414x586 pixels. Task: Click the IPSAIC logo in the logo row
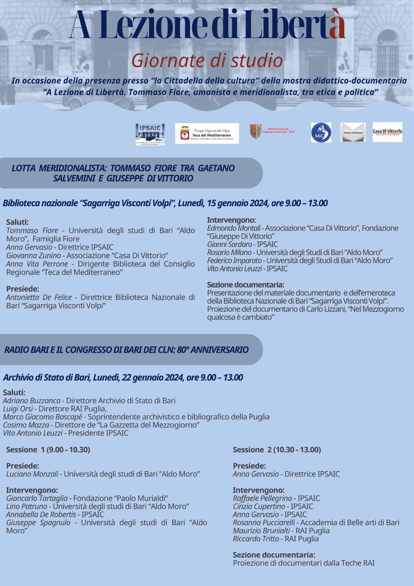point(150,134)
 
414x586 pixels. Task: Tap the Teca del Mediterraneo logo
point(207,133)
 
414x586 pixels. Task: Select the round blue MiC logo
point(321,133)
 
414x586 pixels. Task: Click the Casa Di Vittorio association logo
point(387,132)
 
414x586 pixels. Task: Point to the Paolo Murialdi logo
point(353,132)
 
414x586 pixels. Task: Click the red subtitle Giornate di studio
point(207,61)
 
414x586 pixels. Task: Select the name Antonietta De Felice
point(39,297)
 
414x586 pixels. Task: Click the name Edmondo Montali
point(234,228)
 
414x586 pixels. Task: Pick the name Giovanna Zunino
point(33,256)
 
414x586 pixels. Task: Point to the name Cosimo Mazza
point(26,425)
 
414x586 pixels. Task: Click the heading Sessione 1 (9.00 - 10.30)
point(48,450)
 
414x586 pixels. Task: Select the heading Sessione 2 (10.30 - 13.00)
point(277,450)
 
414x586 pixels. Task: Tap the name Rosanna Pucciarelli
point(264,523)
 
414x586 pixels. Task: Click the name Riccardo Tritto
point(256,539)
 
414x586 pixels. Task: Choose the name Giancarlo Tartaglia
point(37,498)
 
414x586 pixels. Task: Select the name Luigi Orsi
point(18,409)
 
